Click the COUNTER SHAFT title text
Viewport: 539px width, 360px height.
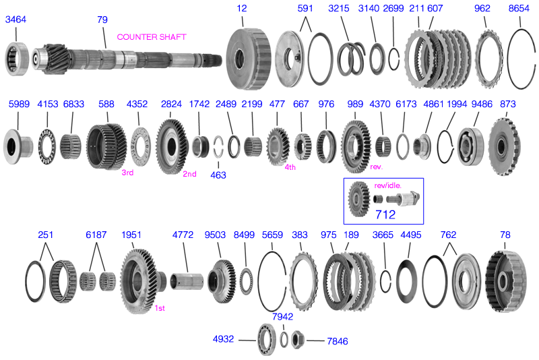[152, 37]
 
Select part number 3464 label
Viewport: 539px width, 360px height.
[15, 20]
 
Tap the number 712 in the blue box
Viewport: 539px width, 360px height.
[385, 215]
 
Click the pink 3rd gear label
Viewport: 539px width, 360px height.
[127, 173]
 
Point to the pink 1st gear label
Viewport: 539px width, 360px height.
[160, 308]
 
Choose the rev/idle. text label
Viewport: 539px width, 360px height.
[387, 185]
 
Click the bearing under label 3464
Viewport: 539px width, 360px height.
[18, 56]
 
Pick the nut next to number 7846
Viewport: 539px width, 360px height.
[300, 340]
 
